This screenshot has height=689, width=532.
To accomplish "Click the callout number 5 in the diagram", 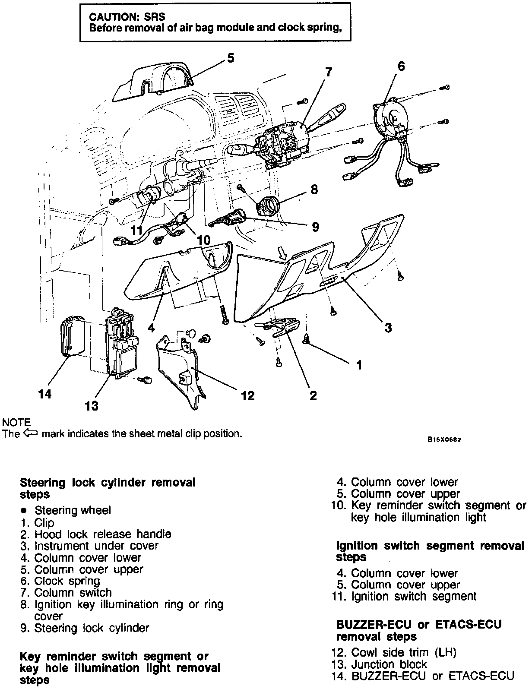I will pos(231,58).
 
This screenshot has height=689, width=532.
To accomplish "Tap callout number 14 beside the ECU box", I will pos(45,394).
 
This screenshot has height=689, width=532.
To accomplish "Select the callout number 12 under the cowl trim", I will pos(248,395).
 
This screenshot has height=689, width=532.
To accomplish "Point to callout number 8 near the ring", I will pos(314,189).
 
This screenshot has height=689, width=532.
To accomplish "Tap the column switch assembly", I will pos(283,142).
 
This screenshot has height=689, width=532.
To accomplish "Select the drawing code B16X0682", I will pos(444,440).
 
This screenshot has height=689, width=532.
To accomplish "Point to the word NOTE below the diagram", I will pos(16,422).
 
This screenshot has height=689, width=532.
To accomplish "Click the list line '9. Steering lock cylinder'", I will pos(85,628).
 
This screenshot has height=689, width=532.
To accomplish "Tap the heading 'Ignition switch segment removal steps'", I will pos(430,551).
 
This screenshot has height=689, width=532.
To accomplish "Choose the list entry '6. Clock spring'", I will pos(60,581).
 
